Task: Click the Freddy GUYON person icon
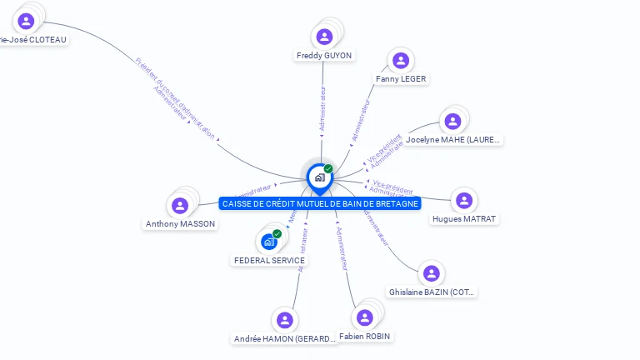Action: pos(325,37)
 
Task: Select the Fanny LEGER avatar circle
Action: pos(401,60)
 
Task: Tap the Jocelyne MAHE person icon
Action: pos(452,121)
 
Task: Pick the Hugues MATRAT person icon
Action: pos(464,201)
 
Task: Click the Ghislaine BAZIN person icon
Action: pos(431,273)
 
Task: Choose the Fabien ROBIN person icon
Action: pos(364,317)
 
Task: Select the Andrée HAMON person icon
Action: pos(285,320)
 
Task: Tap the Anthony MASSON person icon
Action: pos(180,205)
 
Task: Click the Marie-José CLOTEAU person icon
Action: pos(26,21)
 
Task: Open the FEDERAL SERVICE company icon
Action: pos(268,242)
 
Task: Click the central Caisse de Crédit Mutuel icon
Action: pos(319,177)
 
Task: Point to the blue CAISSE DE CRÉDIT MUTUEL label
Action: pos(320,203)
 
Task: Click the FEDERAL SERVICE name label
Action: pos(269,261)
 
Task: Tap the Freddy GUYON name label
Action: pos(324,56)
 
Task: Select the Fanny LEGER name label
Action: pos(401,79)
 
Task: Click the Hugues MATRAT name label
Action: pos(464,219)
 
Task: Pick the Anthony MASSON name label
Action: pos(180,224)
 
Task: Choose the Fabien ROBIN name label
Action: pos(365,337)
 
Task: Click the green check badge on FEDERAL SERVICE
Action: pos(277,233)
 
